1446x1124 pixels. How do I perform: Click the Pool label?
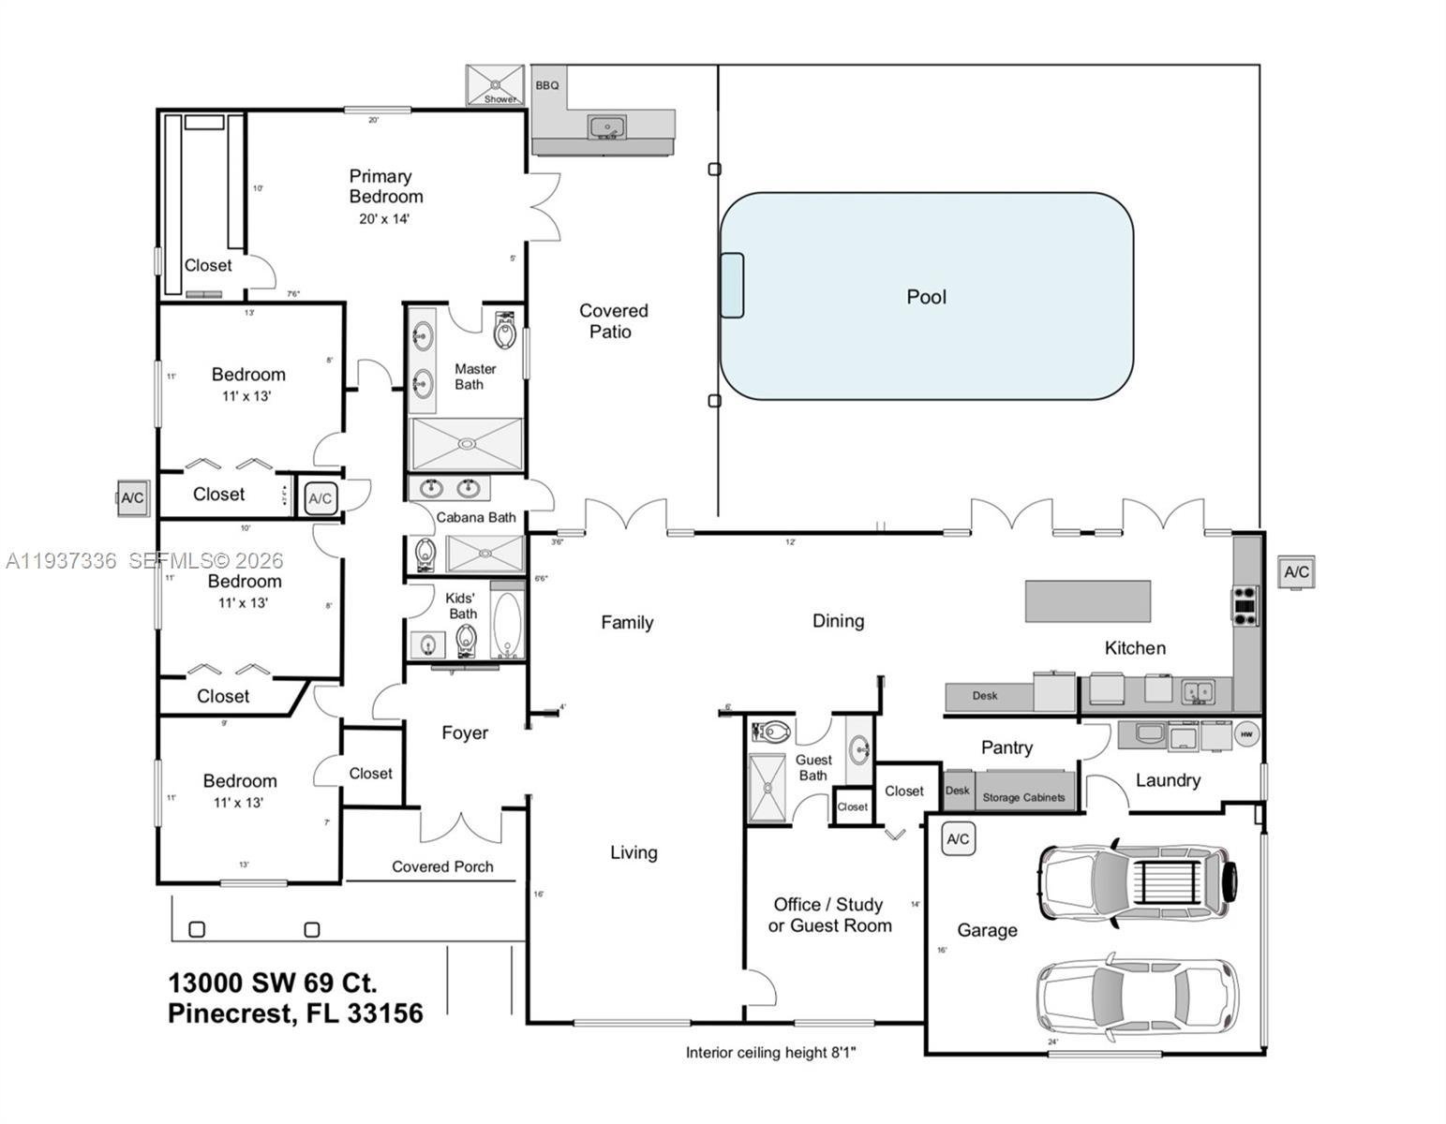pos(926,297)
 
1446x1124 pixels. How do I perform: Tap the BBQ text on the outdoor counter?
pos(547,85)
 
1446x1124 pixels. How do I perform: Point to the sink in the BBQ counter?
pos(607,126)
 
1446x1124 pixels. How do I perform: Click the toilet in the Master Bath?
pos(505,330)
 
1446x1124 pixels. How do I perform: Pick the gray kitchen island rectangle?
pos(1087,600)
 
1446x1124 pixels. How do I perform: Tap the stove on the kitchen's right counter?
pos(1245,605)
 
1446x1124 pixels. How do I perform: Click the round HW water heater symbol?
pos(1245,734)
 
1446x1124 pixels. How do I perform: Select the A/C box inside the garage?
pos(958,839)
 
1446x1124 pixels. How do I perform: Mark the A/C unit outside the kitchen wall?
pos(1296,571)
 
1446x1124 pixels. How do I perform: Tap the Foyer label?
pos(465,733)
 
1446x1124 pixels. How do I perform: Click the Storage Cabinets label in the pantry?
pos(1023,797)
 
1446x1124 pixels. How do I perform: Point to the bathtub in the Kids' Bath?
pos(507,625)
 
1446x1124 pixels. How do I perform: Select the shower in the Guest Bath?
pos(768,788)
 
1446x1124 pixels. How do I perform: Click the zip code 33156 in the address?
pos(384,1013)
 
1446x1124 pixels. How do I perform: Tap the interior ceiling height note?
pos(770,1053)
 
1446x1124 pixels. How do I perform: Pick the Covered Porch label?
pos(442,866)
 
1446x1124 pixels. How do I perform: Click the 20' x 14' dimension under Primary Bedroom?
pos(384,219)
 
